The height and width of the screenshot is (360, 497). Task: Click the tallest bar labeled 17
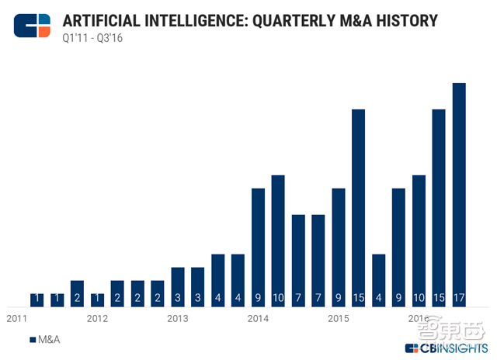tap(459, 194)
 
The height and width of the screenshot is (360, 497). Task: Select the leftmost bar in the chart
tap(37, 299)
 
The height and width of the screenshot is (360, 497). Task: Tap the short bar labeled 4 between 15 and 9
tap(378, 279)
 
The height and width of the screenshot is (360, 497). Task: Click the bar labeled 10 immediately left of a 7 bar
tap(278, 241)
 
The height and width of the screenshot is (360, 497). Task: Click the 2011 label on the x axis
tap(17, 319)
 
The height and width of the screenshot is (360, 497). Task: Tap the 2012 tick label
tap(97, 319)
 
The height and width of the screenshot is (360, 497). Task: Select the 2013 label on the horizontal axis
tap(178, 319)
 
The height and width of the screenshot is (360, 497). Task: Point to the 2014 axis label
tap(258, 319)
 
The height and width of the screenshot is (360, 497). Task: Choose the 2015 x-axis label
tap(338, 319)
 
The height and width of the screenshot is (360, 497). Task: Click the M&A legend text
tap(49, 340)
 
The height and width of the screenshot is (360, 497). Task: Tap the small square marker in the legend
tap(32, 340)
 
